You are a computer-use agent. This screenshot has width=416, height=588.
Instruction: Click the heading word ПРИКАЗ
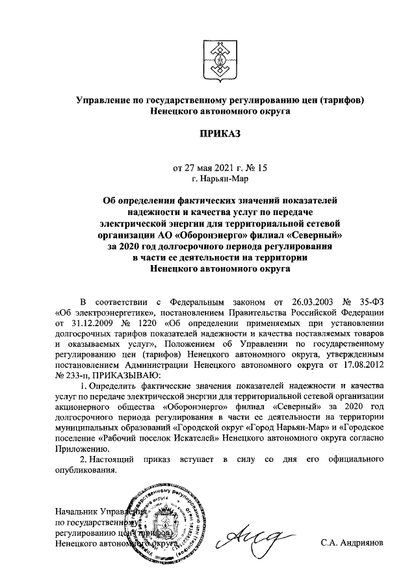(x=218, y=134)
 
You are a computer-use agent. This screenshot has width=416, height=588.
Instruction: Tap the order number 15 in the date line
(x=262, y=167)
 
